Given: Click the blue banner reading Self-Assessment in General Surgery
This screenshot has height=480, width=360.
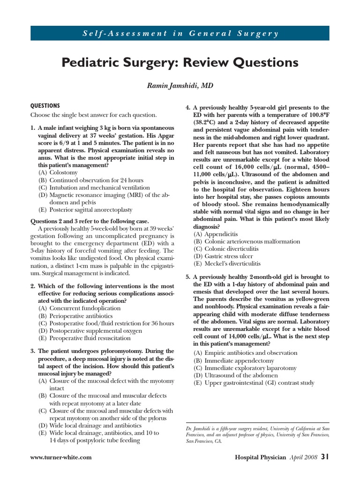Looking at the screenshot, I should (x=180, y=34).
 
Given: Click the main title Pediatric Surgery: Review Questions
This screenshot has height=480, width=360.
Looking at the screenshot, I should (x=180, y=62).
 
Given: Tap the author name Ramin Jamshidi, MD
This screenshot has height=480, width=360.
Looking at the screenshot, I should (x=180, y=86).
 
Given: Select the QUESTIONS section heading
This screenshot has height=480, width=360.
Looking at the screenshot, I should (x=45, y=106).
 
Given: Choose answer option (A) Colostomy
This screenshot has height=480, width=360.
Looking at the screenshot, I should (x=58, y=172).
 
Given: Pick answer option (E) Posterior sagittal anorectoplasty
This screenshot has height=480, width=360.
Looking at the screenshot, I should (x=85, y=210).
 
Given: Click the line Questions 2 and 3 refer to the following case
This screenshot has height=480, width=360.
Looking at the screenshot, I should (x=90, y=221).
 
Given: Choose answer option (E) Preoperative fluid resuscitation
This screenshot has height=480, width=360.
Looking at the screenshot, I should (x=85, y=338).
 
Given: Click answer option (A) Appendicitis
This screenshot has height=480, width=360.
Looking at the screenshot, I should (x=216, y=234).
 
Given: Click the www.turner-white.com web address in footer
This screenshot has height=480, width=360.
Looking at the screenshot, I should (x=60, y=457).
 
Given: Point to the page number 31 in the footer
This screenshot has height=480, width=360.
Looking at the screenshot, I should (x=325, y=457).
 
